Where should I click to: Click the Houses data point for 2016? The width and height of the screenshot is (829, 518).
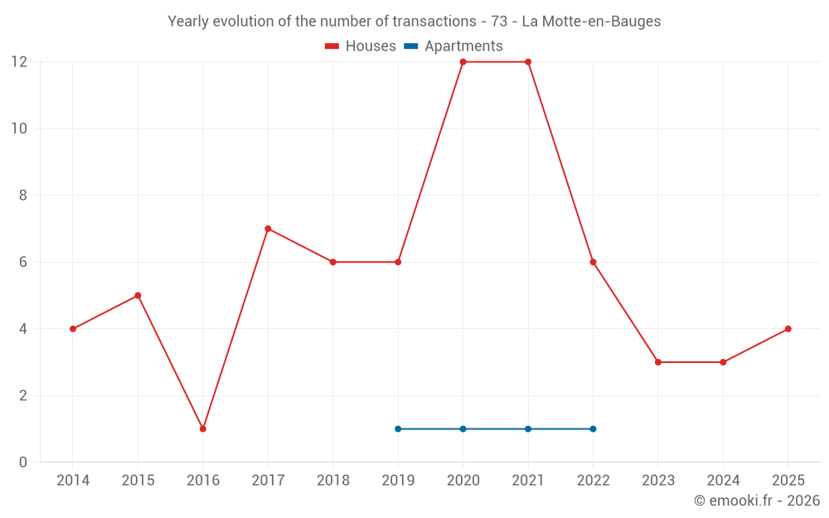point(203,428)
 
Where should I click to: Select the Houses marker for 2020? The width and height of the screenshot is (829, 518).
point(463,62)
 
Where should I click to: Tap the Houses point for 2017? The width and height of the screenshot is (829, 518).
point(268,229)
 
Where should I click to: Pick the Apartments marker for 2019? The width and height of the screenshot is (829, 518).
point(398,428)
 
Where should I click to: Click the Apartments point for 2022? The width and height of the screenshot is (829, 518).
point(593,428)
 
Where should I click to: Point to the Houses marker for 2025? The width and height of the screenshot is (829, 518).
point(788,329)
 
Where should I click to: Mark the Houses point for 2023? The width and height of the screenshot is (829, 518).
point(658,362)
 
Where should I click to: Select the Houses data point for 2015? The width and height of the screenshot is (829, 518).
point(138,295)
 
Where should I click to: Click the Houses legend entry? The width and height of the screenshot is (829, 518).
point(361,46)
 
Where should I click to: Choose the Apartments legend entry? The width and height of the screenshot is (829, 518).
point(453,46)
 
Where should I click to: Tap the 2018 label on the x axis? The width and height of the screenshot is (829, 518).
point(332,481)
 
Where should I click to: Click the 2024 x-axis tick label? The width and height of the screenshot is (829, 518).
point(723,481)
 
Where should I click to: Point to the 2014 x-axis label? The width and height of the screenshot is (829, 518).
point(73,481)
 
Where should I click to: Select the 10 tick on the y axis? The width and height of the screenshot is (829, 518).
point(19,128)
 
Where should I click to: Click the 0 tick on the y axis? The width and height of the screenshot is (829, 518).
point(23,462)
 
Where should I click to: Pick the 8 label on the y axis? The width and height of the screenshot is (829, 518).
point(23,196)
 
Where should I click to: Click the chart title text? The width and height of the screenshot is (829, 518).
point(414,22)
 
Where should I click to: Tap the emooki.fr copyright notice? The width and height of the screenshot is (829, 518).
point(756,501)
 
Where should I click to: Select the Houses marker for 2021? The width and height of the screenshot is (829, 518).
point(528,62)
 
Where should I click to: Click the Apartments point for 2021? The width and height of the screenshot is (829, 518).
point(528,428)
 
